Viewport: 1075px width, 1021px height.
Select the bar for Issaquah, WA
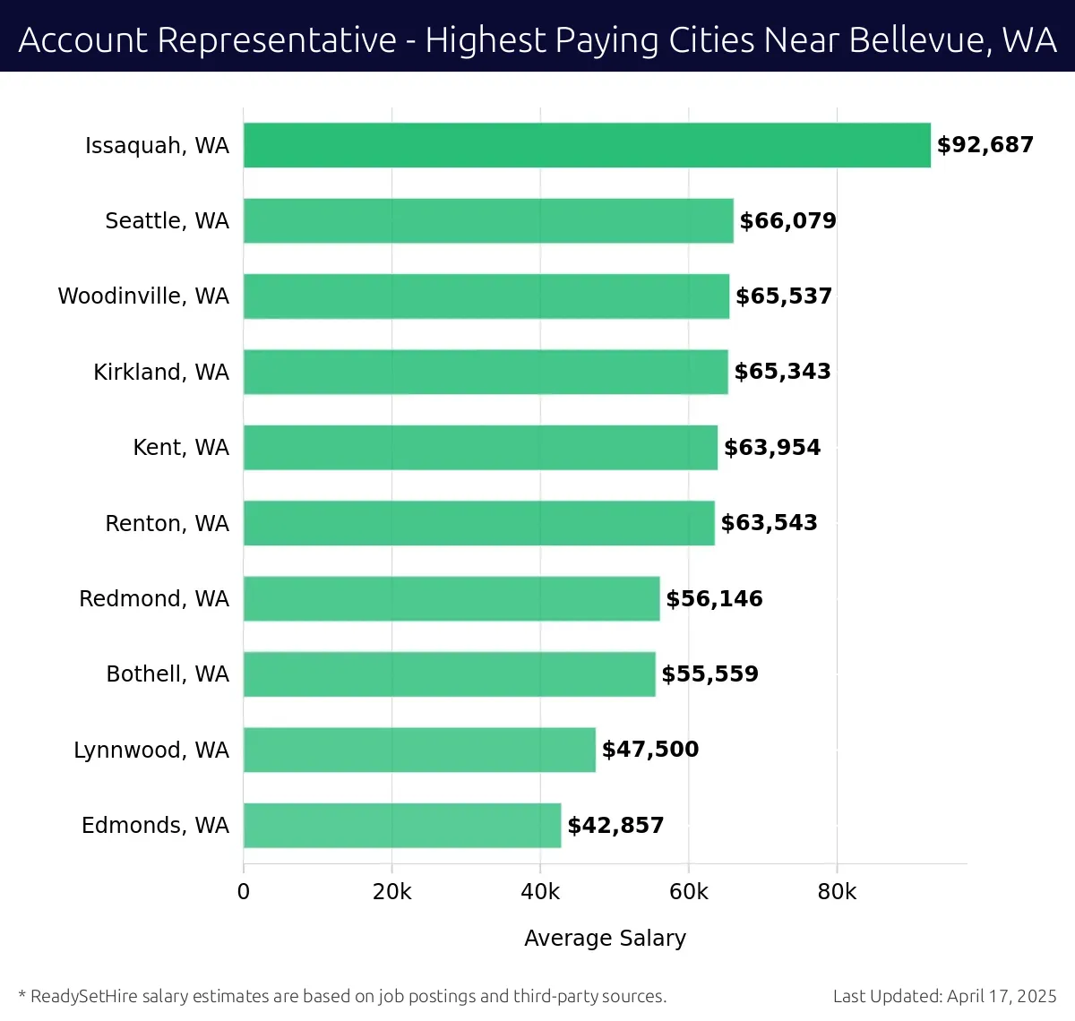click(x=587, y=145)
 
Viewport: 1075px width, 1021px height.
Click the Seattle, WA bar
click(x=488, y=220)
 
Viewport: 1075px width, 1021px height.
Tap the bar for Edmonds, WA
click(x=402, y=825)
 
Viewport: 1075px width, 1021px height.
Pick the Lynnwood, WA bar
click(x=419, y=750)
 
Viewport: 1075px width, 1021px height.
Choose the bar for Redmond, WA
click(x=451, y=598)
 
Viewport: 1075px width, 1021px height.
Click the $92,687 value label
click(x=985, y=145)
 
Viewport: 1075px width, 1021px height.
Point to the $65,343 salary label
click(x=782, y=372)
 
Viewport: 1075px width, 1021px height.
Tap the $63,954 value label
click(x=771, y=447)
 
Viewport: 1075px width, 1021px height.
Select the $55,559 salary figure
click(x=709, y=674)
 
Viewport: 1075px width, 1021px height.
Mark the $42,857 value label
click(x=615, y=825)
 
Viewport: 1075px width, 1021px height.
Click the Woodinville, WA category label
click(x=143, y=296)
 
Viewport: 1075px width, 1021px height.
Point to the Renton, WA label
click(x=167, y=523)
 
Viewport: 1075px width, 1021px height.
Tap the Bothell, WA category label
click(x=168, y=674)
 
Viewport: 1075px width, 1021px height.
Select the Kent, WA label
click(x=181, y=447)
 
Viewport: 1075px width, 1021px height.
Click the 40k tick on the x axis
click(x=540, y=892)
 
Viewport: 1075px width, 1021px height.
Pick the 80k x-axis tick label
click(x=837, y=892)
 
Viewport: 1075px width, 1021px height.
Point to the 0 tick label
click(x=244, y=892)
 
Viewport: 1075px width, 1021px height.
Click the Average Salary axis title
click(x=605, y=938)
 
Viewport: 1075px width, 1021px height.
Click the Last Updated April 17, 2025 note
click(x=944, y=996)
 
